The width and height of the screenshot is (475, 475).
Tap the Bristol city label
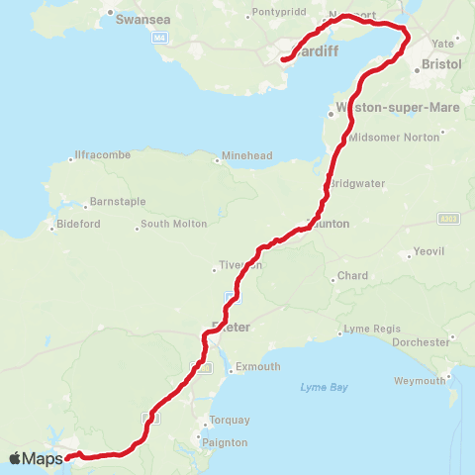(440, 62)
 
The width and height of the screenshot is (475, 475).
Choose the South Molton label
(174, 224)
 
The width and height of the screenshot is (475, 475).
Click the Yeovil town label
(432, 251)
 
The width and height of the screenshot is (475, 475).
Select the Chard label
(353, 276)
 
